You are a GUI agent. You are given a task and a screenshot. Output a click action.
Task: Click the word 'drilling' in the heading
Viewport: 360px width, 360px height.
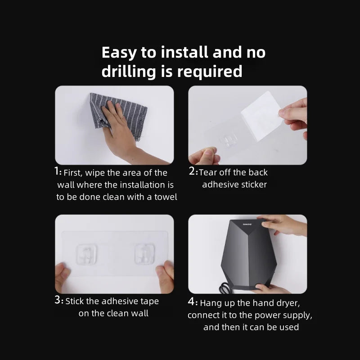point(127,72)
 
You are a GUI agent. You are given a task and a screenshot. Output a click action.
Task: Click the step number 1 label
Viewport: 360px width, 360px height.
point(58,171)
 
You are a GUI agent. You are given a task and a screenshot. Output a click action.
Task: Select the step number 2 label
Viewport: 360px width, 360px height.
point(193,171)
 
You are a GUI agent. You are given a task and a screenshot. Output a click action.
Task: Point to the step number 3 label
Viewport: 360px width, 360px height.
point(59,300)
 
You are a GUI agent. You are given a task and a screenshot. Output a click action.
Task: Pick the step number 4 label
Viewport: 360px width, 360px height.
point(193,302)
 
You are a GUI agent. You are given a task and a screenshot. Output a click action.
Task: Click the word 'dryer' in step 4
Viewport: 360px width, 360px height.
point(294,303)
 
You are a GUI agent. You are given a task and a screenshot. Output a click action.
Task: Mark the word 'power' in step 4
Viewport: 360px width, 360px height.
point(252,315)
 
